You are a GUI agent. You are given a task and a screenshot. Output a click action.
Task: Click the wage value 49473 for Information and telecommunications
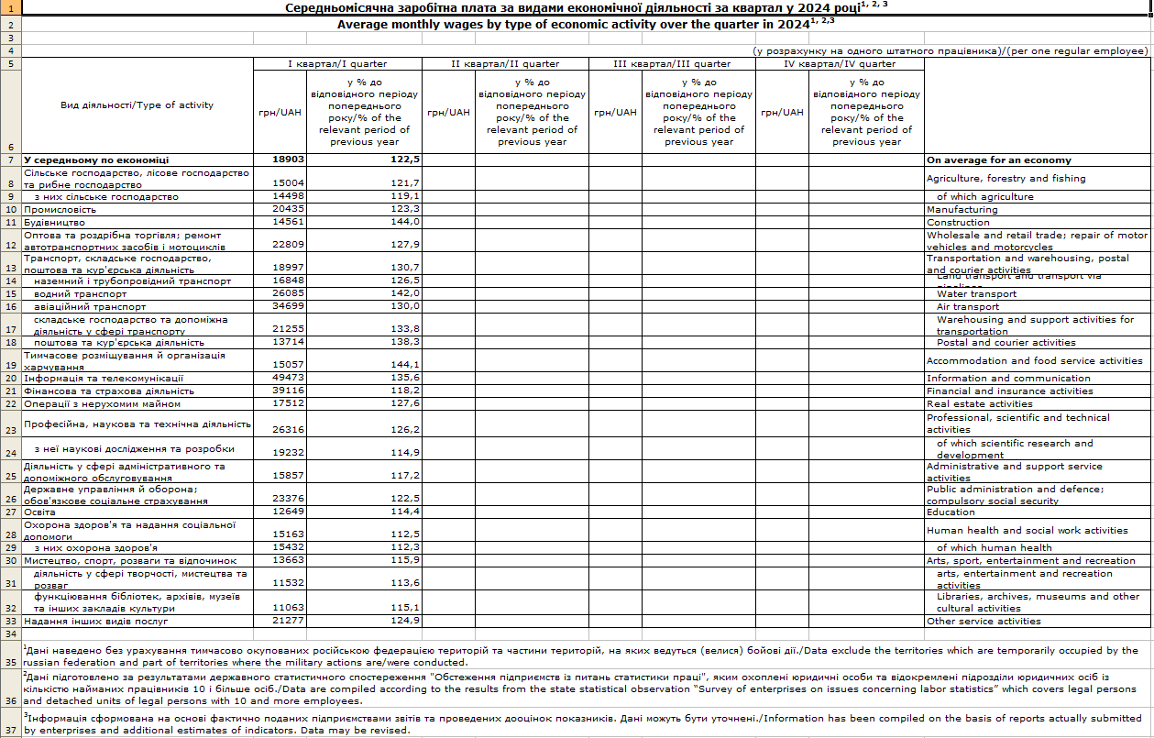pyautogui.click(x=289, y=378)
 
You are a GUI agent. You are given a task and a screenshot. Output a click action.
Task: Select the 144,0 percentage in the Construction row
pyautogui.click(x=404, y=222)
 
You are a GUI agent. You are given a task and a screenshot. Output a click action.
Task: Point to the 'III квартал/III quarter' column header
pyautogui.click(x=672, y=64)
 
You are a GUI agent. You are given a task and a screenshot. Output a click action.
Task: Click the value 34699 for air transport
pyautogui.click(x=289, y=306)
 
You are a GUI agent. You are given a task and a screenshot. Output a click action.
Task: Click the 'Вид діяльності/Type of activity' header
pyautogui.click(x=137, y=105)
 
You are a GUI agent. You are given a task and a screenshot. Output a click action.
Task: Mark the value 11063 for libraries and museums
pyautogui.click(x=289, y=608)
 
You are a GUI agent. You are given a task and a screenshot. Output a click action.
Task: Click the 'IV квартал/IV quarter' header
pyautogui.click(x=840, y=64)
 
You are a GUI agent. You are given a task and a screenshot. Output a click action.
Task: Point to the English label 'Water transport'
pyautogui.click(x=976, y=294)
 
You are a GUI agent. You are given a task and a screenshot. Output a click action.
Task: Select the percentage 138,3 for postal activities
pyautogui.click(x=404, y=342)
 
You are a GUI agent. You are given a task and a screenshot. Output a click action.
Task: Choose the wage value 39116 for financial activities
pyautogui.click(x=289, y=391)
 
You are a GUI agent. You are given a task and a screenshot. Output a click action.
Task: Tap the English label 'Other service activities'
pyautogui.click(x=984, y=621)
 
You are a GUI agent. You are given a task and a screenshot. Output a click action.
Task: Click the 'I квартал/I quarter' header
pyautogui.click(x=337, y=64)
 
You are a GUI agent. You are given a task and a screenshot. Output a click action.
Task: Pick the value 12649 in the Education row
pyautogui.click(x=289, y=512)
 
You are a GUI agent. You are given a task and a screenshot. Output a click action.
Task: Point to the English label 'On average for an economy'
pyautogui.click(x=998, y=160)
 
